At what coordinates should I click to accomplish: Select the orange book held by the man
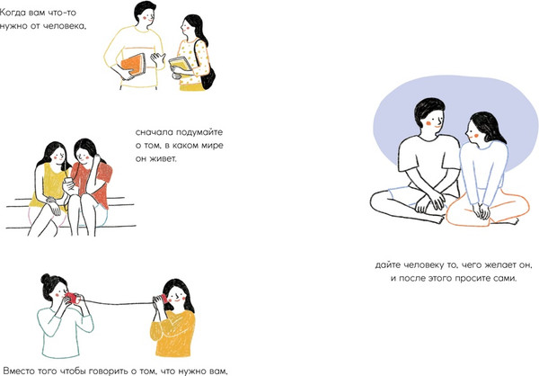click(x=133, y=65)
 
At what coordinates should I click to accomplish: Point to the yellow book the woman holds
click(x=181, y=65)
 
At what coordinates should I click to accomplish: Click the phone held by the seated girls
click(x=68, y=181)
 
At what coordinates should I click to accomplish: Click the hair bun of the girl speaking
click(x=46, y=278)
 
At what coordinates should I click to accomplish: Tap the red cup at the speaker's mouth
click(x=72, y=298)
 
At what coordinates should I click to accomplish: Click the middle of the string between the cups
click(x=117, y=304)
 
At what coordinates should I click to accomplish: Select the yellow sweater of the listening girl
click(x=172, y=334)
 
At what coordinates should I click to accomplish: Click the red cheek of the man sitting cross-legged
click(x=429, y=122)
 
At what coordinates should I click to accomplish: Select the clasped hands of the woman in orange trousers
click(x=481, y=210)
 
